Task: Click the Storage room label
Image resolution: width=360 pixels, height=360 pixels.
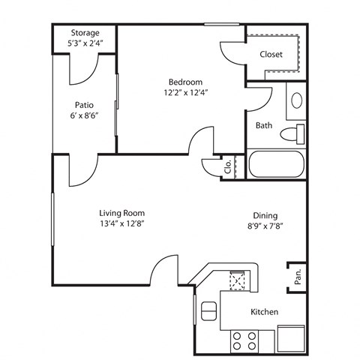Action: click(85, 33)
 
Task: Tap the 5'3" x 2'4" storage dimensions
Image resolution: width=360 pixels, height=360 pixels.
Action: click(85, 43)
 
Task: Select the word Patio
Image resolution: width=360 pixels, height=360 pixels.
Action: click(84, 105)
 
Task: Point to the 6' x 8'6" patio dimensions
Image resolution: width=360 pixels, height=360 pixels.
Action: click(84, 116)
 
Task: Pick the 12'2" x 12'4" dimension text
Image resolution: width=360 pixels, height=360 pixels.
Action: click(184, 92)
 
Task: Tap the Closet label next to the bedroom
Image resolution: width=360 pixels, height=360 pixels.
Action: click(271, 54)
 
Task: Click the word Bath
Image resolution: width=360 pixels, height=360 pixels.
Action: click(263, 125)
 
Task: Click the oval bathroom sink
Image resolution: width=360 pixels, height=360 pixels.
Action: click(295, 100)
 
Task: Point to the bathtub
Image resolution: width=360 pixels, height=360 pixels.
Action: click(276, 165)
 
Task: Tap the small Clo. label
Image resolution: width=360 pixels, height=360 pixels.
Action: click(228, 166)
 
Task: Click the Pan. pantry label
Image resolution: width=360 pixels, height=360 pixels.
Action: click(297, 277)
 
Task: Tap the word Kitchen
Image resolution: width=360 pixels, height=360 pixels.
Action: click(264, 312)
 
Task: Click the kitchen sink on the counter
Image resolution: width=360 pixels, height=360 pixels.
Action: click(239, 280)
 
